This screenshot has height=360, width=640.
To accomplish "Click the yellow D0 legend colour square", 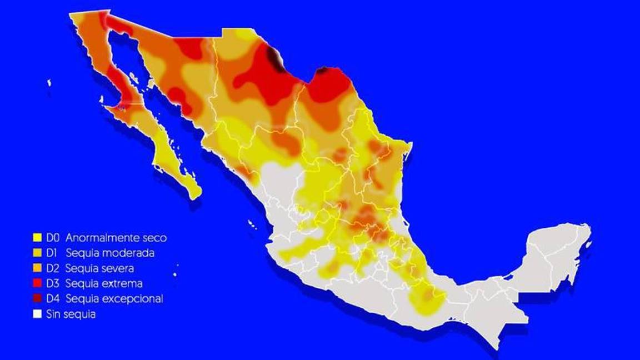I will (37, 238).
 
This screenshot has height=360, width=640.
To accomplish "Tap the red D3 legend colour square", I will (37, 283).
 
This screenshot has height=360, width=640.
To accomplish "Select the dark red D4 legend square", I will (37, 298).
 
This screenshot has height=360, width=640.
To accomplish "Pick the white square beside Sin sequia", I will (37, 314).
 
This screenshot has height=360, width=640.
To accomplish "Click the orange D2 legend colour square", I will (37, 268).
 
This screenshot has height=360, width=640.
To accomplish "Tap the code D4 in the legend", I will (53, 298).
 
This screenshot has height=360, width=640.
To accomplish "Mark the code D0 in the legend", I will (53, 238).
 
